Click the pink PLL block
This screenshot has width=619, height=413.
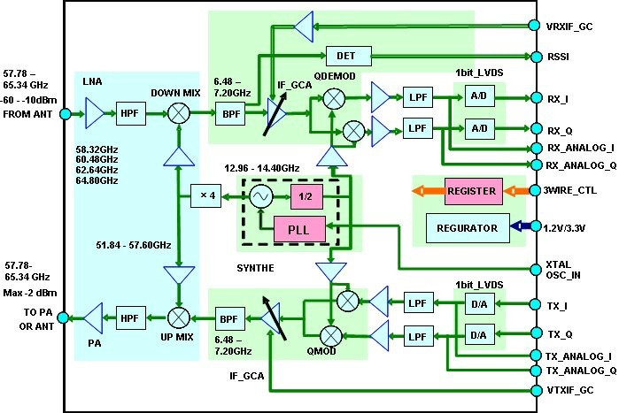coord(299,227)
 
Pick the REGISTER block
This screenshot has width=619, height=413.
coord(471,190)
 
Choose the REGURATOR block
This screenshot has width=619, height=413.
coord(468,227)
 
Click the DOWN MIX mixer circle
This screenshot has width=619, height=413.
coord(179,112)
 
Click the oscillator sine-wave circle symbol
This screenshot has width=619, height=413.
coord(261,196)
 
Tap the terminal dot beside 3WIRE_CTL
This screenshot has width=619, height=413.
coord(534,190)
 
